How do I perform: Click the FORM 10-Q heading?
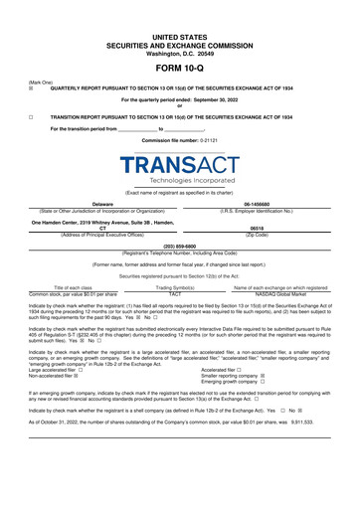tap(180, 67)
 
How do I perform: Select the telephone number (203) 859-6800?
tap(180, 245)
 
